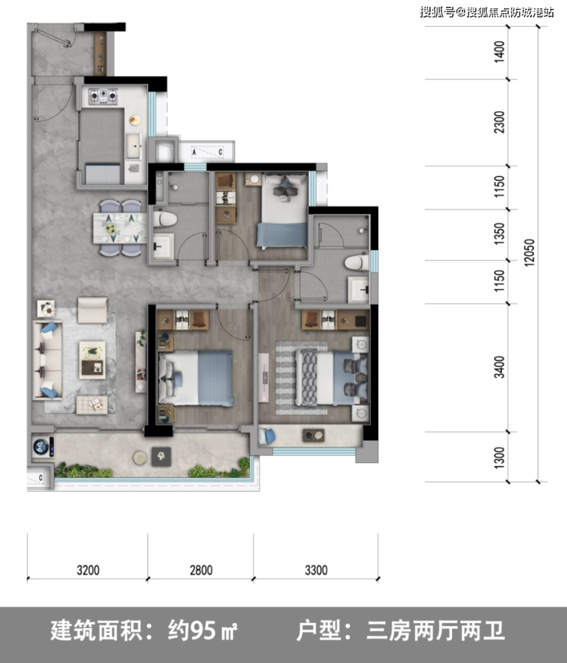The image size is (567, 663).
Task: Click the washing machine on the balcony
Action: pyautogui.click(x=43, y=447)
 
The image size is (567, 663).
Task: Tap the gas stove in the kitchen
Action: pyautogui.click(x=103, y=96)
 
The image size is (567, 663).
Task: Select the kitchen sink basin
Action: pyautogui.click(x=133, y=146)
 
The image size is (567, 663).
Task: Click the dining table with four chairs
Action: pyautogui.click(x=120, y=228)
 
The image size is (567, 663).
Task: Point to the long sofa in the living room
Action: pyautogui.click(x=48, y=360)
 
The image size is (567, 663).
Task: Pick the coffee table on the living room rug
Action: pyautogui.click(x=92, y=360)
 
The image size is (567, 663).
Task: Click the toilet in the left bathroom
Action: pyautogui.click(x=165, y=219)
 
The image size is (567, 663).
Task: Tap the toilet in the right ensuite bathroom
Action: pyautogui.click(x=357, y=263)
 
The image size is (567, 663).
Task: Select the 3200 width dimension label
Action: pyautogui.click(x=88, y=570)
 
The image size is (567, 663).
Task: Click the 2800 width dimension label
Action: pyautogui.click(x=201, y=570)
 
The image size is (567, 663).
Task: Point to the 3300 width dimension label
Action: pyautogui.click(x=316, y=570)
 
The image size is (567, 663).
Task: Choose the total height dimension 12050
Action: pyautogui.click(x=529, y=252)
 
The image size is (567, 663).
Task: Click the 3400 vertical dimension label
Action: pyautogui.click(x=500, y=367)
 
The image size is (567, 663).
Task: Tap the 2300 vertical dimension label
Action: pyautogui.click(x=500, y=122)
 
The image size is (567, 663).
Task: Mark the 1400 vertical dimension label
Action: pyautogui.click(x=500, y=51)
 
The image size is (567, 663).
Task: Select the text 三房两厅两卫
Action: pyautogui.click(x=435, y=631)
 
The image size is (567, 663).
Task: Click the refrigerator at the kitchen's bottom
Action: pyautogui.click(x=103, y=173)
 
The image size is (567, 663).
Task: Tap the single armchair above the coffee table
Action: pyautogui.click(x=92, y=310)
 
